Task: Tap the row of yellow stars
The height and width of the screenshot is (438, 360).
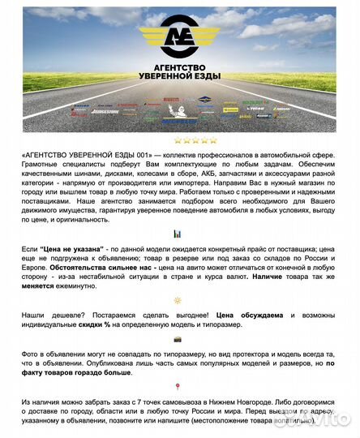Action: (x=179, y=140)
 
